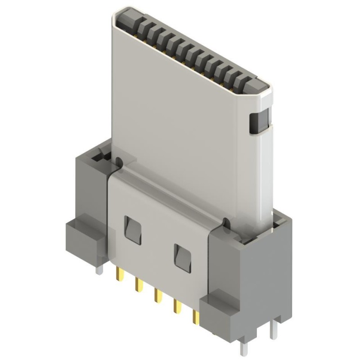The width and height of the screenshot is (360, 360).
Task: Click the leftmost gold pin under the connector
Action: [119, 274]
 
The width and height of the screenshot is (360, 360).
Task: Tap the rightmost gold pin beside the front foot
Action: [195, 317]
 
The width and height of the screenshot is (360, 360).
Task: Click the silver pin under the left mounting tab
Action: [99, 269]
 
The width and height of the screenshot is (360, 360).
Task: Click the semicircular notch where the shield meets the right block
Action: [224, 222]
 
